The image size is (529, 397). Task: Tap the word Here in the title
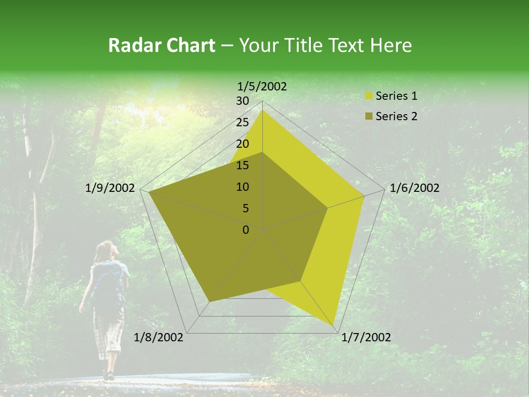391,45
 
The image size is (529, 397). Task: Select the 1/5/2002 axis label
262,86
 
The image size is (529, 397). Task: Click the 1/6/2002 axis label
414,188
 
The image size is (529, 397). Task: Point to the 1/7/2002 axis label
366,337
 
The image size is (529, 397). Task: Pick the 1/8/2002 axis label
159,337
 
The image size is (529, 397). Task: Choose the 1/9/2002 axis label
110,188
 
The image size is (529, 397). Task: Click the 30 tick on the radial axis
242,101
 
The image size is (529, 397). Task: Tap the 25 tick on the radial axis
242,122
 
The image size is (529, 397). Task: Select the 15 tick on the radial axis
242,165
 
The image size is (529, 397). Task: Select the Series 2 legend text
396,116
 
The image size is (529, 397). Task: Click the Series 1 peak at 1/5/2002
262,110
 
